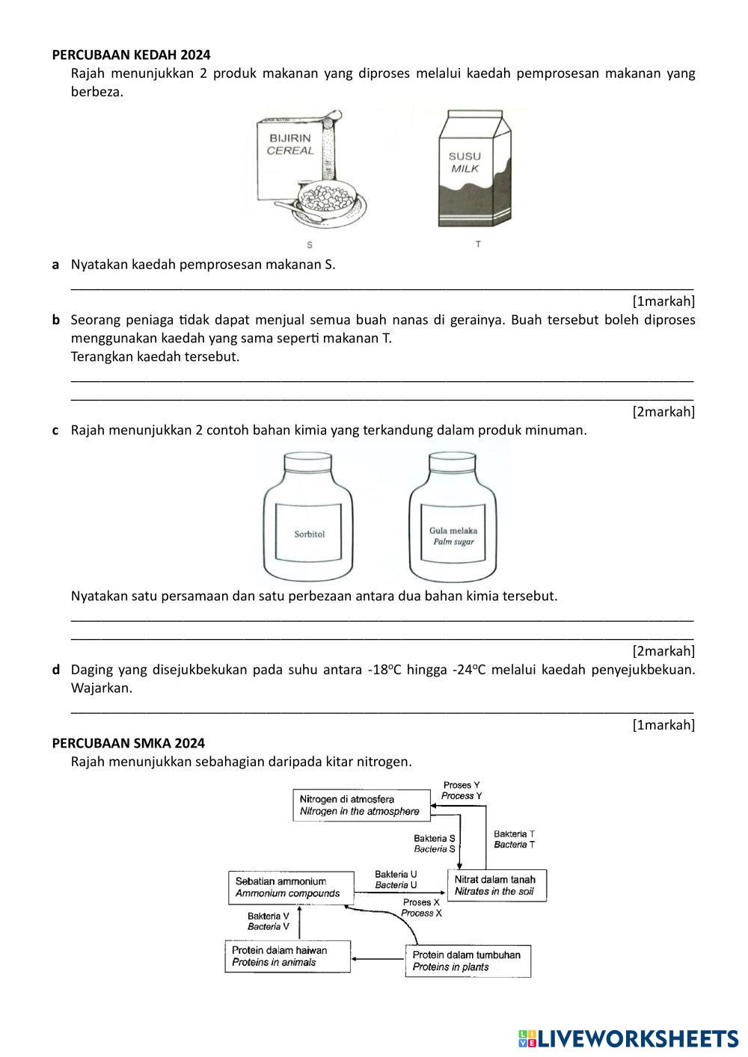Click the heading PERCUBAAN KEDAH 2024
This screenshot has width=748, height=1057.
click(131, 55)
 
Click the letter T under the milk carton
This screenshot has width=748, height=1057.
click(478, 244)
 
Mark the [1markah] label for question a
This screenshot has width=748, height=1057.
click(663, 301)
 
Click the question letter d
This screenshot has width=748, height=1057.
click(56, 669)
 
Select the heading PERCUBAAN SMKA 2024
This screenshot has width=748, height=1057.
click(128, 743)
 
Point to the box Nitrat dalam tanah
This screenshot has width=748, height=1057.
click(497, 886)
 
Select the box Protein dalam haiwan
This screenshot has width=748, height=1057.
click(287, 956)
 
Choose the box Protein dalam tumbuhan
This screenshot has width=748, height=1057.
click(467, 961)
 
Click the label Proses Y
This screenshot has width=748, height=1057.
click(462, 790)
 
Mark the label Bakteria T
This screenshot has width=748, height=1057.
click(514, 839)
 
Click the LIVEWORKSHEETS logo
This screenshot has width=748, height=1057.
click(628, 1038)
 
